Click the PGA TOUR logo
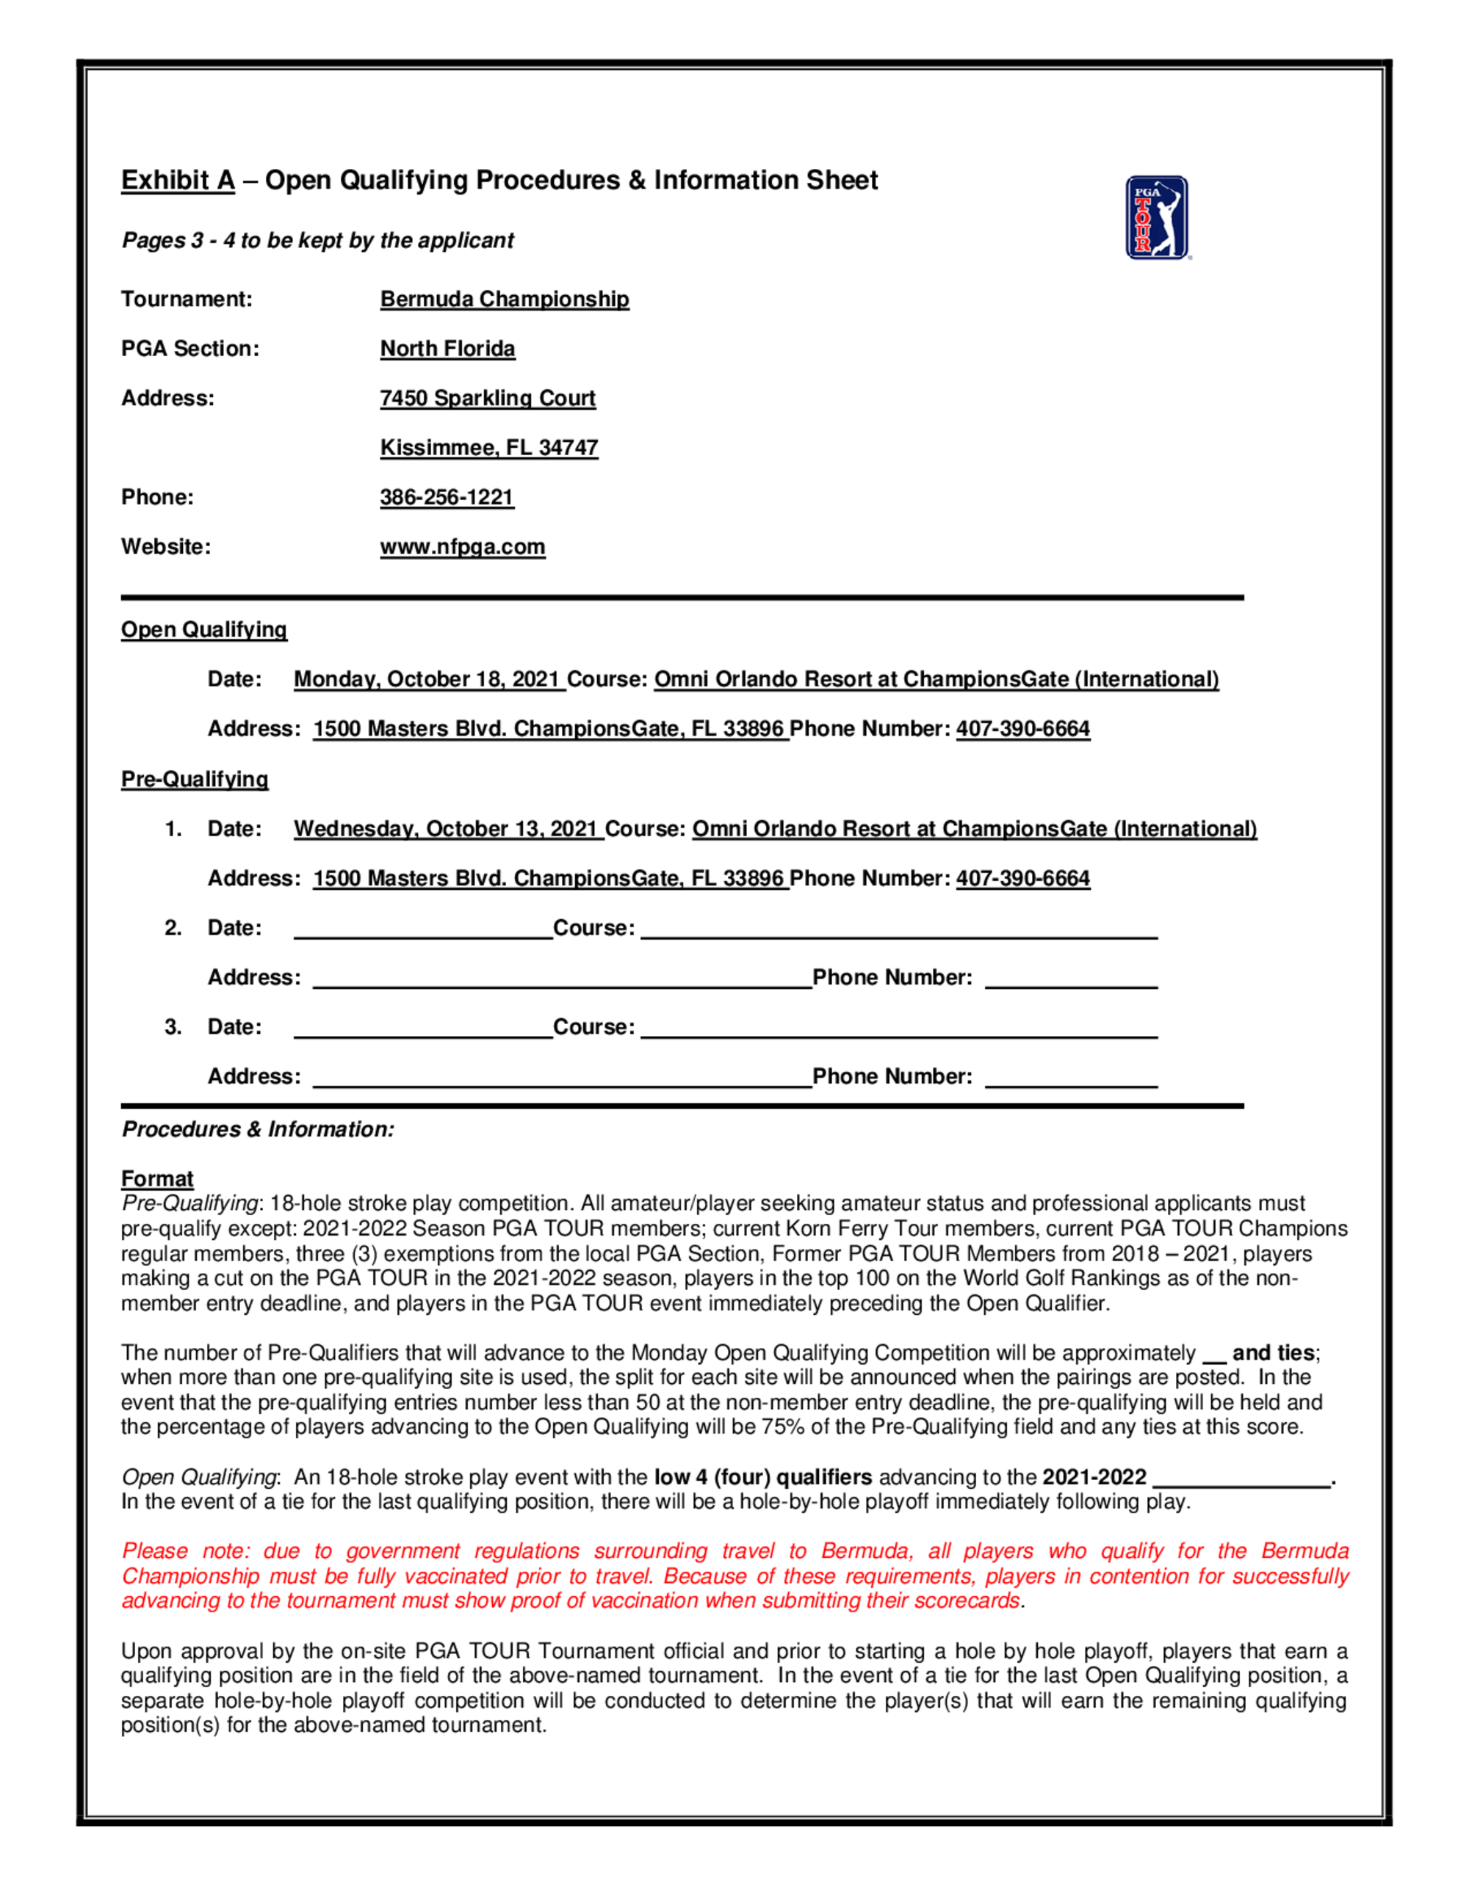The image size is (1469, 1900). point(1157,217)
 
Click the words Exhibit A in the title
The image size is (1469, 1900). point(178,180)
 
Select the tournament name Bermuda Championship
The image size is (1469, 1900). point(504,300)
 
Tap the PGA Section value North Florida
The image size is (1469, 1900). point(447,349)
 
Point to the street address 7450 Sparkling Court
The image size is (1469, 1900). point(488,399)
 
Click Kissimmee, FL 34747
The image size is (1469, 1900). point(489,448)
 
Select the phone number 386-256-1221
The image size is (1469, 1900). point(447,498)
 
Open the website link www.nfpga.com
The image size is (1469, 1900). point(462,547)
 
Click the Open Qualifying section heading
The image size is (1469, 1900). point(203,630)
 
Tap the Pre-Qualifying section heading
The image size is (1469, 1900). point(194,780)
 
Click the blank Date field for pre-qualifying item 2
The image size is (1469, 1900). point(423,929)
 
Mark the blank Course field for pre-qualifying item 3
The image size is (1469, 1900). point(898,1029)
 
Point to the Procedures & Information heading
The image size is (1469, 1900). point(258,1129)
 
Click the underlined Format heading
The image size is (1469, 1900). point(156,1179)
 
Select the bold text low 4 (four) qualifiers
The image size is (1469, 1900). point(762,1477)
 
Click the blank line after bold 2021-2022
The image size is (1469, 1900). point(1242,1479)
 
